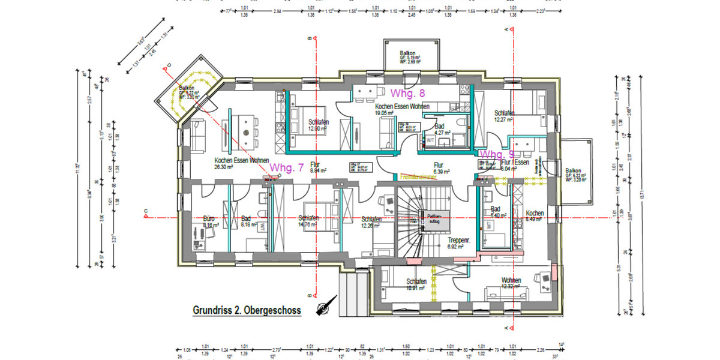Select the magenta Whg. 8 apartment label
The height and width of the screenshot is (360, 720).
407,93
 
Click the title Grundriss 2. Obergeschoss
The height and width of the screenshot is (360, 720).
247,310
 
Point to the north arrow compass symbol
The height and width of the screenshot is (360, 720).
323,308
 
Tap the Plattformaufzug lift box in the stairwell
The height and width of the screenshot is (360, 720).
434,219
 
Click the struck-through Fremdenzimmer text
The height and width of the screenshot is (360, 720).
418,178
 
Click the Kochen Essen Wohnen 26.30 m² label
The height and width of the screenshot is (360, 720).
241,164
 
